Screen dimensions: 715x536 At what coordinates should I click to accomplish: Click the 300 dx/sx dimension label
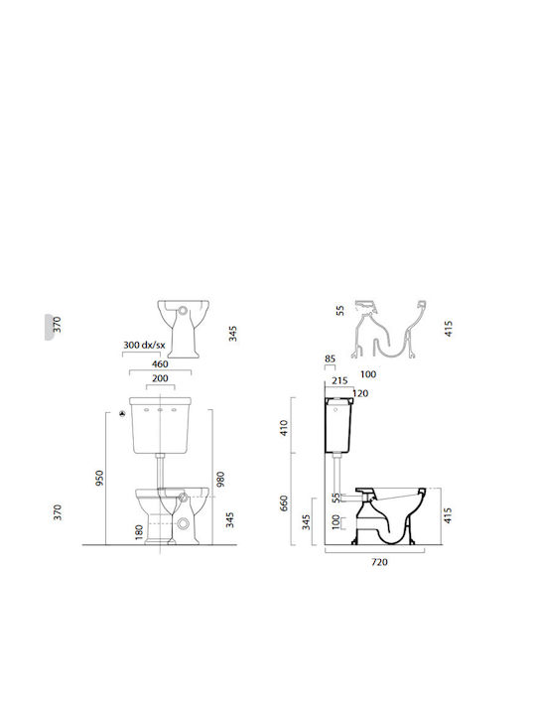(x=144, y=345)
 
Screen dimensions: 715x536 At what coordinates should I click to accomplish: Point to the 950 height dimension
(x=97, y=479)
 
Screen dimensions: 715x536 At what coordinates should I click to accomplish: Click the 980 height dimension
(x=220, y=479)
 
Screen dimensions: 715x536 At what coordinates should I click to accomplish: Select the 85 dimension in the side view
(x=330, y=358)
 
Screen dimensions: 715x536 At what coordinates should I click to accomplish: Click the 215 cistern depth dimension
(x=338, y=380)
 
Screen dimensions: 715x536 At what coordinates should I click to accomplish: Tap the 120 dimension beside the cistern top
(x=360, y=393)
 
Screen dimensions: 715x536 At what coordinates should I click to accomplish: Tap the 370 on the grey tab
(x=56, y=324)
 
